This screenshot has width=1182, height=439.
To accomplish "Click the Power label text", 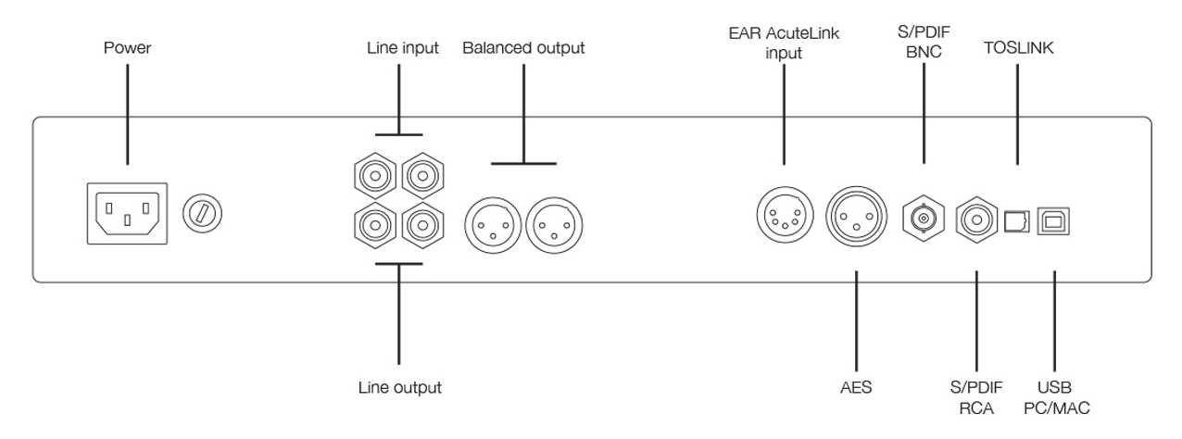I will tap(126, 48).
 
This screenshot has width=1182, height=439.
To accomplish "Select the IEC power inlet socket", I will tap(127, 213).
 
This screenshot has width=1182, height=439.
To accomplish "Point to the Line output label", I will tap(399, 387).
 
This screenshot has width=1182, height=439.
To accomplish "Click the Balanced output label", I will tap(523, 48).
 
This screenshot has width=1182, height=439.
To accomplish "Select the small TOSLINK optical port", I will tap(1016, 220).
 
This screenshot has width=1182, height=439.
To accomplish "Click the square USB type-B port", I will tap(1053, 220).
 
